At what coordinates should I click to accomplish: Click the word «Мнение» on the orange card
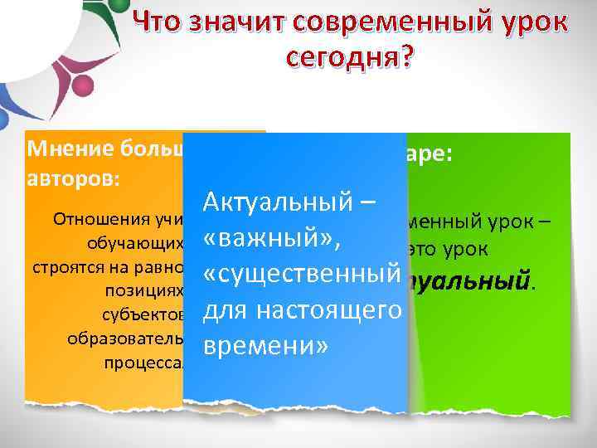(66, 150)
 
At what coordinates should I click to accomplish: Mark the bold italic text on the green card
(472, 284)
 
